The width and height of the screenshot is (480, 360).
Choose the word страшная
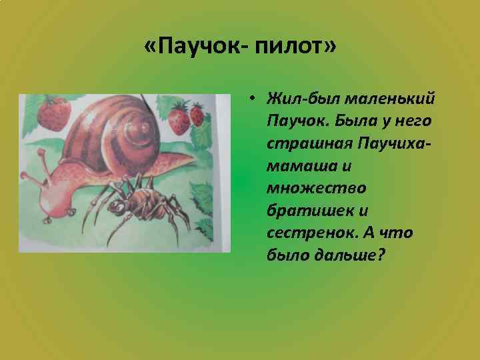(307, 144)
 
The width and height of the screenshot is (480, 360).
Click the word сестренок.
(305, 233)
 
